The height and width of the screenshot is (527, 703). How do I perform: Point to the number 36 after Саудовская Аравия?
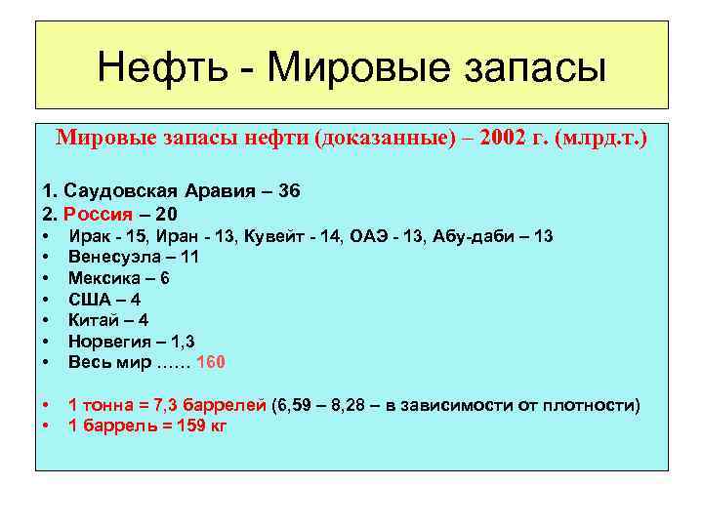289,191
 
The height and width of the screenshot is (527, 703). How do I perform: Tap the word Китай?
93,320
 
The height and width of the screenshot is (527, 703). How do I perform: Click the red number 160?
211,362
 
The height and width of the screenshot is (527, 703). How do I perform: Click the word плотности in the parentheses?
591,405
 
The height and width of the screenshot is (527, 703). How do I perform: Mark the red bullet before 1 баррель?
47,426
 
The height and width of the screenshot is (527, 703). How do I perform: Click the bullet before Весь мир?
47,362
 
